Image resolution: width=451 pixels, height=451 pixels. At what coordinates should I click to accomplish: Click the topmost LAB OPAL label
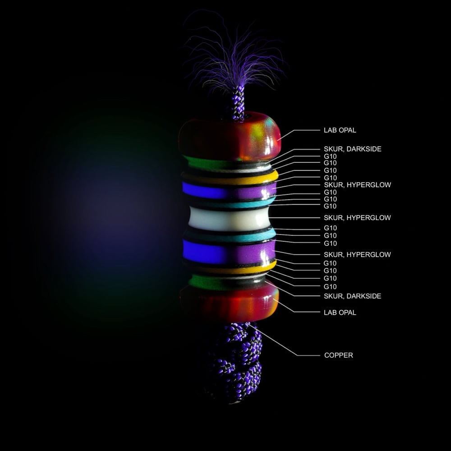tap(340, 130)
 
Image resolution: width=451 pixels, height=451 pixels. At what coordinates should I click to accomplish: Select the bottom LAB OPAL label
tap(340, 313)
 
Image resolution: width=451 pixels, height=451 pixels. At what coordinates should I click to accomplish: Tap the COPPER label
tap(339, 355)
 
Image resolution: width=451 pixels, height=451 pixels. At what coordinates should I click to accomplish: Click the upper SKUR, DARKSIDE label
tap(352, 149)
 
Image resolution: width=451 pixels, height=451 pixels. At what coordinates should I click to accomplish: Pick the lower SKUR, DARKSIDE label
tap(352, 296)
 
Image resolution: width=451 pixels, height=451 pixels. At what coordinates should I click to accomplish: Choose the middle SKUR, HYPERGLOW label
tap(357, 218)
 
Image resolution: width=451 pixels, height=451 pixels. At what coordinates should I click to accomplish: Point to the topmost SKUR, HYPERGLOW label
tap(357, 184)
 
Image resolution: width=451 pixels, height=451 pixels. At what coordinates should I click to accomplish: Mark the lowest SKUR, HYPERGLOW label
tap(357, 254)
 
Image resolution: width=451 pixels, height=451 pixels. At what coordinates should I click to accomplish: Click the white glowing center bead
tap(230, 219)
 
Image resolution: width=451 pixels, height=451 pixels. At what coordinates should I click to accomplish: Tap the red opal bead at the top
tap(230, 136)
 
